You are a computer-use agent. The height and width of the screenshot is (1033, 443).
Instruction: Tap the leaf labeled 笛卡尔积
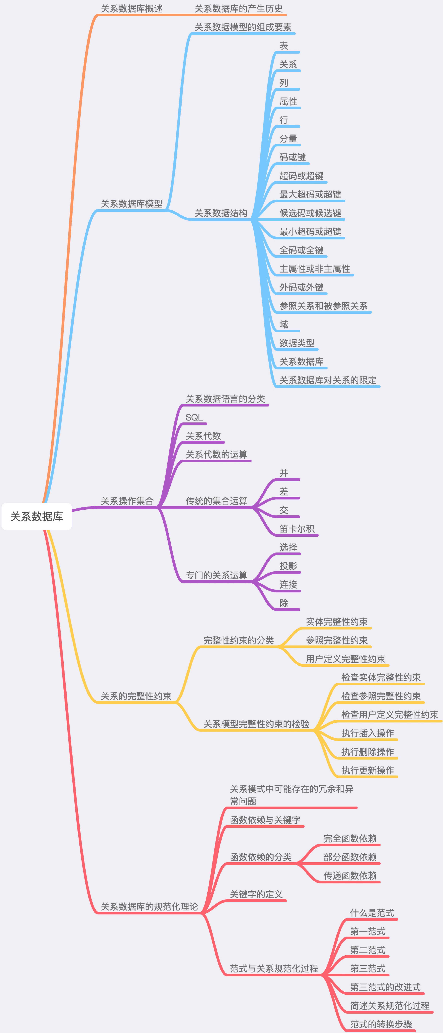(x=297, y=529)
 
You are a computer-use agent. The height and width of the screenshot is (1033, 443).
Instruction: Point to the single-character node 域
(x=284, y=324)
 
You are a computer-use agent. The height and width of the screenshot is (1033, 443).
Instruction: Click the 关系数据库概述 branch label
(x=132, y=9)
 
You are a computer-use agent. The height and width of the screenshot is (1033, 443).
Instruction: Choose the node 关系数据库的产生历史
(x=238, y=9)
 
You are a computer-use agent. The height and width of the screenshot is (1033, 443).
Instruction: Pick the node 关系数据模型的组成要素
(x=243, y=27)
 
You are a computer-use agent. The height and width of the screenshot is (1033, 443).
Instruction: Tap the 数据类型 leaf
(x=297, y=343)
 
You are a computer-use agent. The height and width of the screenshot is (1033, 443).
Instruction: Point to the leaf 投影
(x=288, y=566)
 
